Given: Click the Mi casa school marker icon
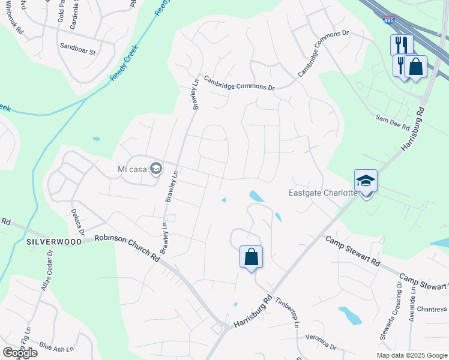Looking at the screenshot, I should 156,169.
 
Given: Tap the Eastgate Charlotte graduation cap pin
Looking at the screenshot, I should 366,181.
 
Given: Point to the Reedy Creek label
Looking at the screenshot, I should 124,63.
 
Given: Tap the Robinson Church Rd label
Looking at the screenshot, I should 127,247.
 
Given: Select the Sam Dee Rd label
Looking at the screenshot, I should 392,123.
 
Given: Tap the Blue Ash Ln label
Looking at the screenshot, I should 56,347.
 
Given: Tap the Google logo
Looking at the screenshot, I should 20,353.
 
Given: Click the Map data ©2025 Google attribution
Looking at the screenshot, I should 411,355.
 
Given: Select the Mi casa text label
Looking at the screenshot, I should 133,169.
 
